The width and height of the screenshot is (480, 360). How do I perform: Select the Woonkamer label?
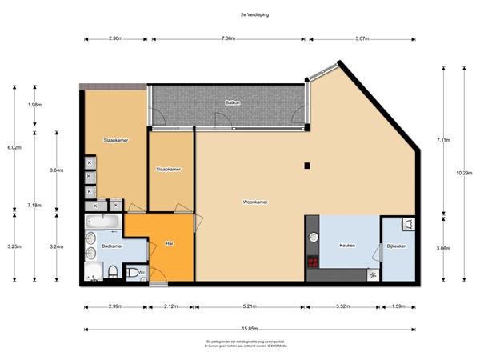click(x=255, y=202)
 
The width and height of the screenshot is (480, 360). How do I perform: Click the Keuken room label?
click(x=347, y=246)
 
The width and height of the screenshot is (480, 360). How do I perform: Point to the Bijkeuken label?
click(x=397, y=246)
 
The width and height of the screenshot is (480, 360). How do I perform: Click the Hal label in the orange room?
click(x=170, y=243)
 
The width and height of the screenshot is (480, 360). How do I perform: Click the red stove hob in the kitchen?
click(x=313, y=262)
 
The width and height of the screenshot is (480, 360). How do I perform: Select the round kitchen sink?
click(x=314, y=237)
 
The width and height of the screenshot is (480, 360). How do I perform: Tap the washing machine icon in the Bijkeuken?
click(x=408, y=225)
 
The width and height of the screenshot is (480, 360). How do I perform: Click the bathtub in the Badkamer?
click(x=103, y=222)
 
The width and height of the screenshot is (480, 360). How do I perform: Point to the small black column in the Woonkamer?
click(x=306, y=166)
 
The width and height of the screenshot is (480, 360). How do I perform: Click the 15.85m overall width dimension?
click(x=250, y=329)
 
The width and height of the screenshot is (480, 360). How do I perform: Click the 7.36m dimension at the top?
click(x=228, y=38)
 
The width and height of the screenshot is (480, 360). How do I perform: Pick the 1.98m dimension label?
click(x=34, y=105)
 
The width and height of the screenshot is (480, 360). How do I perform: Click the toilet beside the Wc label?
click(x=115, y=273)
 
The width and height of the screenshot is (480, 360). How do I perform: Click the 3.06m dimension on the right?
click(x=442, y=249)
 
